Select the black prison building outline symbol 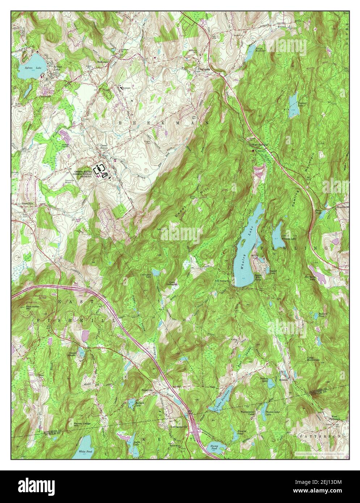pyautogui.click(x=99, y=169)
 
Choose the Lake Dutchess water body pyautogui.click(x=219, y=405)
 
